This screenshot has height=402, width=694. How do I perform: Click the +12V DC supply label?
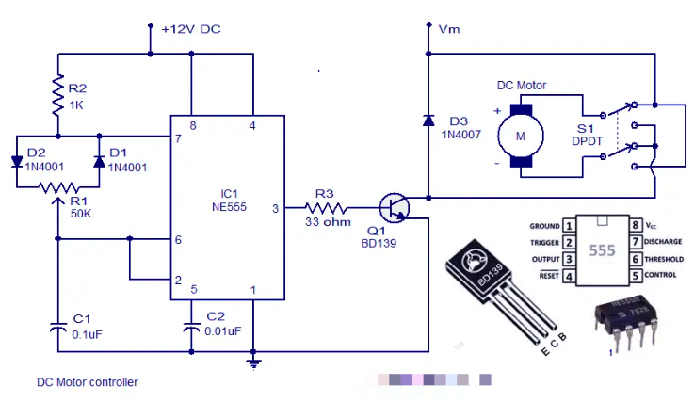pyautogui.click(x=191, y=29)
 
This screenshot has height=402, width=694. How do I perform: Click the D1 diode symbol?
pyautogui.click(x=99, y=161)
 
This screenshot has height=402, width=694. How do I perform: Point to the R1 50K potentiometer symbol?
pyautogui.click(x=57, y=187)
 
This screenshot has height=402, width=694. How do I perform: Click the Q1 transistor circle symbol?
pyautogui.click(x=395, y=207)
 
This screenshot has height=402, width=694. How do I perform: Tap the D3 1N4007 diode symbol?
pyautogui.click(x=428, y=120)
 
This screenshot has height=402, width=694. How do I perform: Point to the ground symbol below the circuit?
pyautogui.click(x=253, y=361)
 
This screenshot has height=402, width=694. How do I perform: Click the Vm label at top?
pyautogui.click(x=449, y=29)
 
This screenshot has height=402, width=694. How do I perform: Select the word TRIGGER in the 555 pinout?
pyautogui.click(x=544, y=242)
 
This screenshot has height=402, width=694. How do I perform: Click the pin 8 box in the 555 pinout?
pyautogui.click(x=636, y=226)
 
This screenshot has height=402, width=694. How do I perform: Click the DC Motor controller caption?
pyautogui.click(x=88, y=382)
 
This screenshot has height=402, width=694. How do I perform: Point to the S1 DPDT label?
pyautogui.click(x=589, y=134)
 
